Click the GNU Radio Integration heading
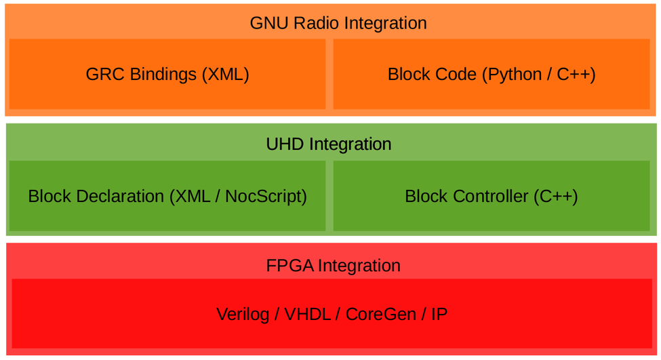coord(338,23)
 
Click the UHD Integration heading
coord(329,144)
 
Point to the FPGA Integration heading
coord(333,265)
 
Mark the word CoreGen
coord(377,315)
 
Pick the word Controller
coord(490,197)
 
